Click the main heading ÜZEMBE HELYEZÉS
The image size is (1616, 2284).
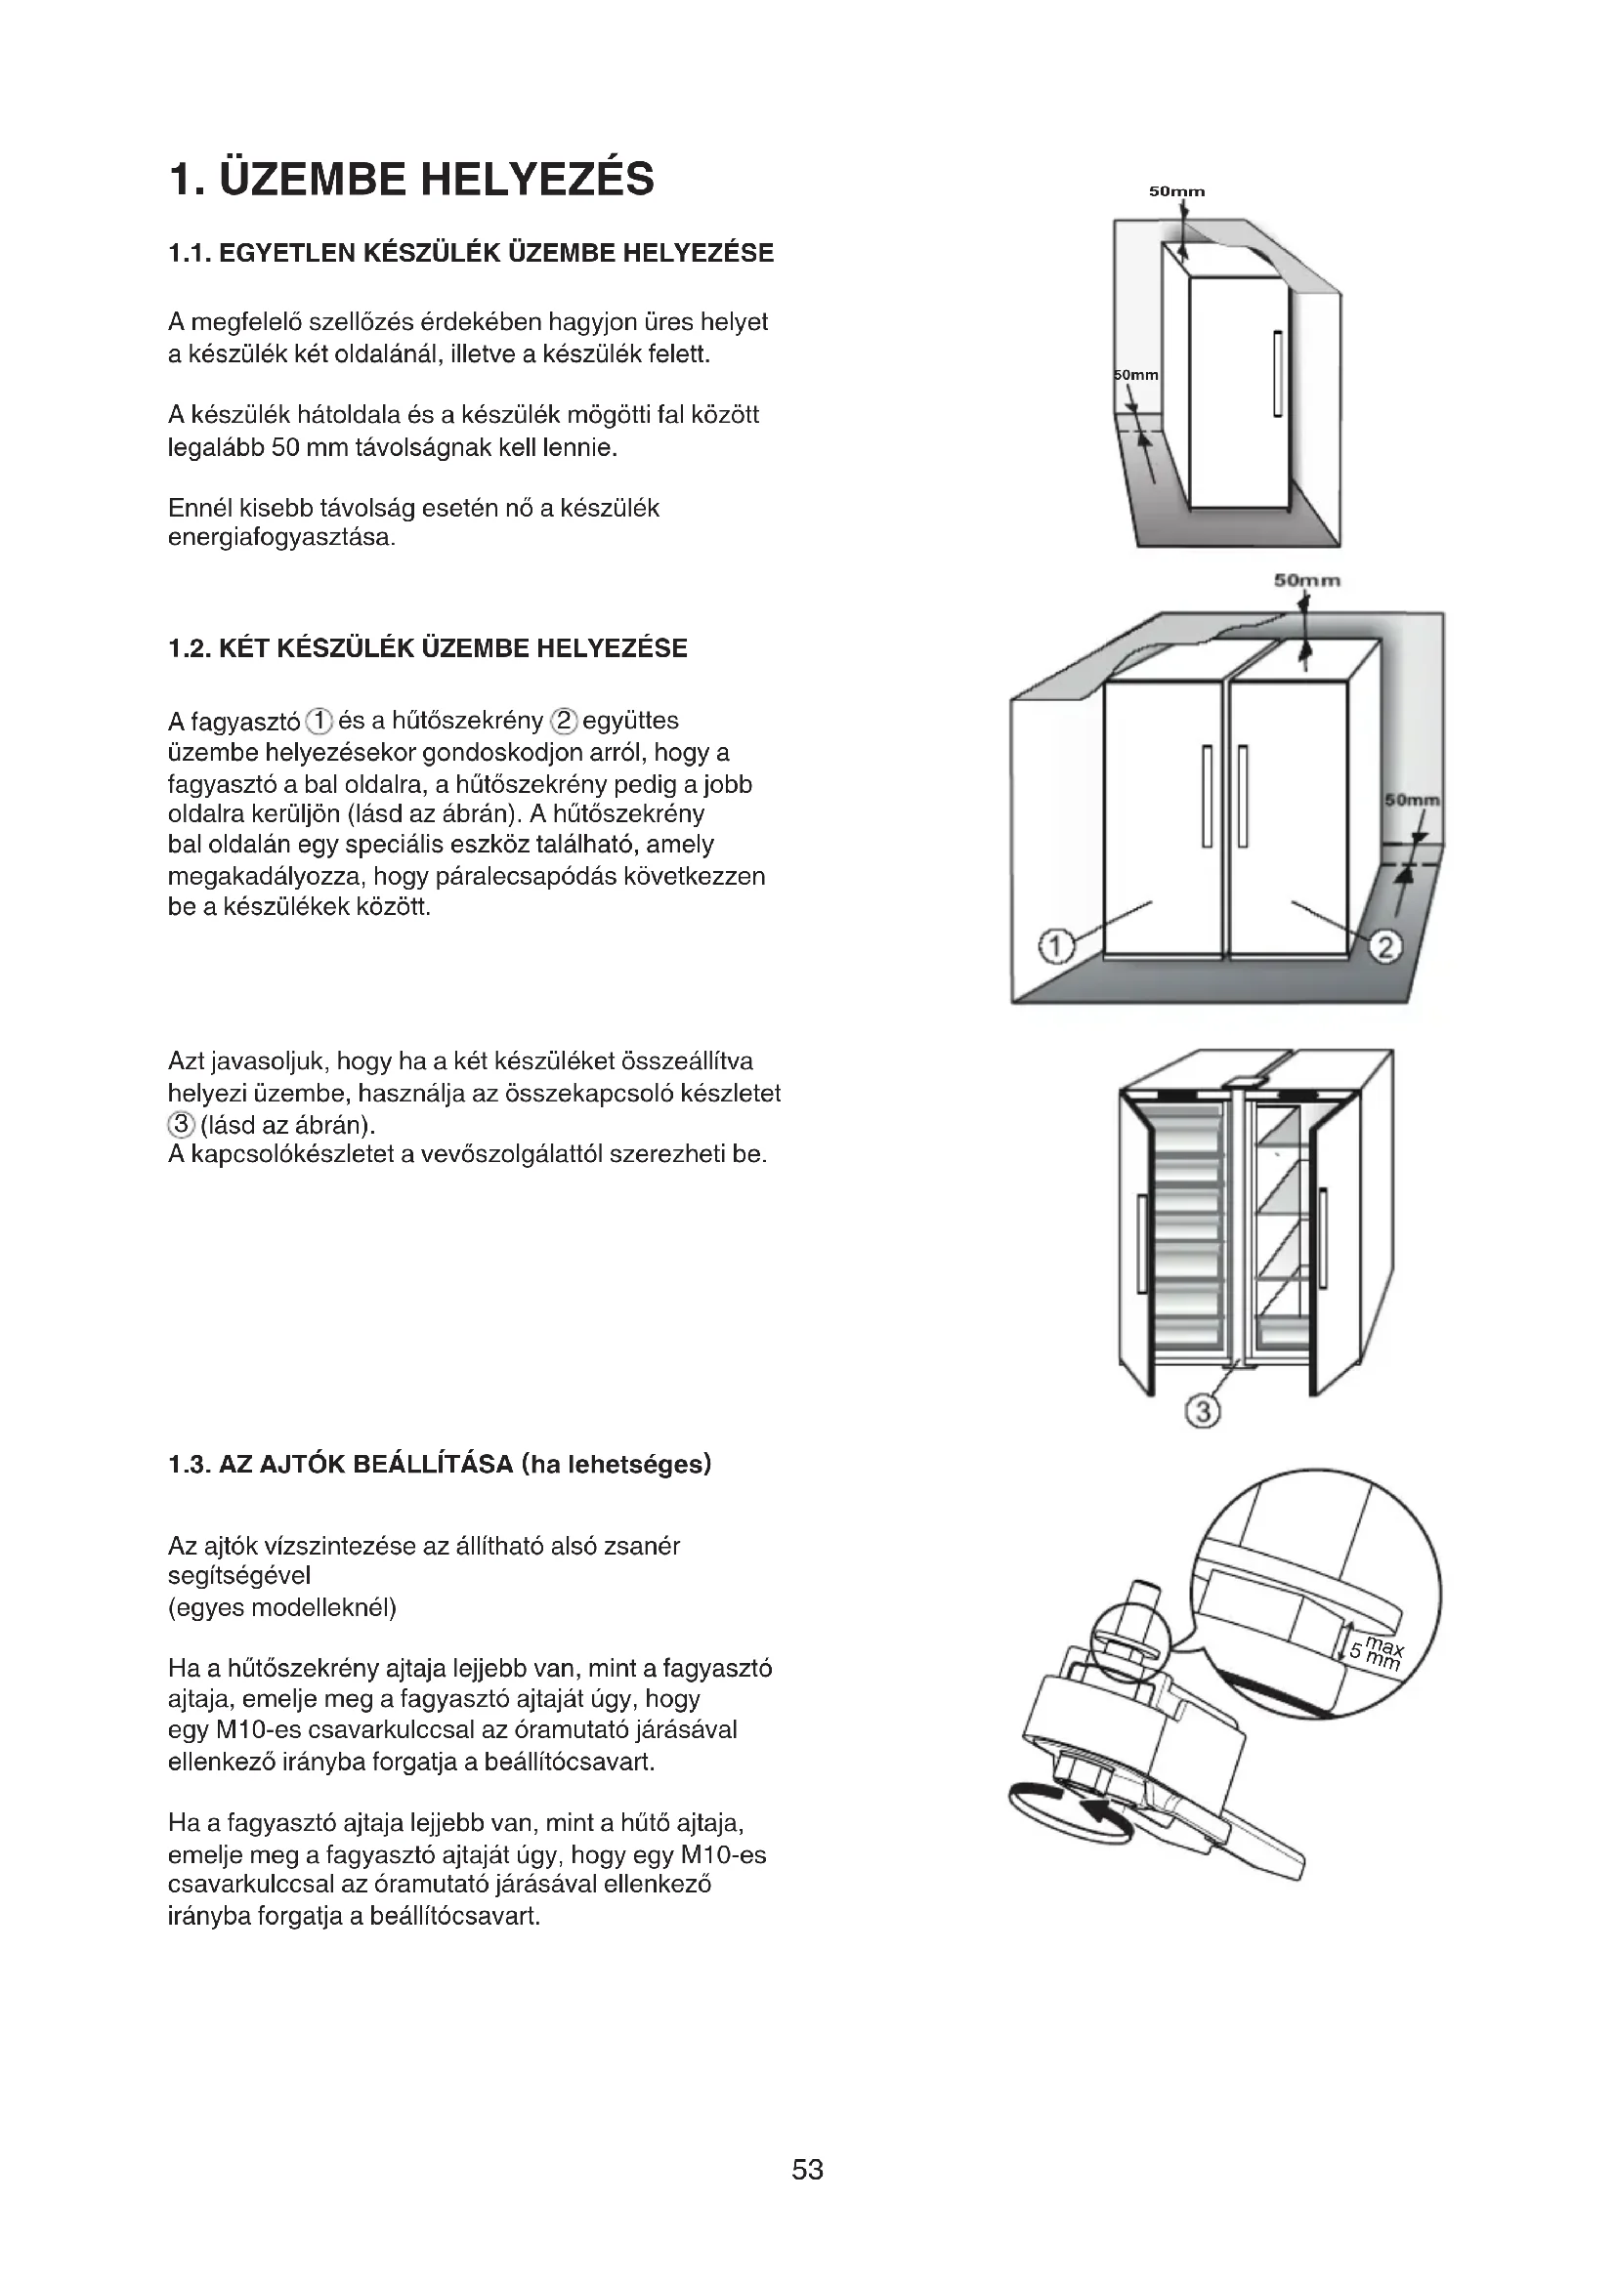click(412, 180)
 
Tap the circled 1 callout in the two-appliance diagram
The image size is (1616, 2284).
click(1056, 946)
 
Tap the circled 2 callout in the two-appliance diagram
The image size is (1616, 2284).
click(1385, 947)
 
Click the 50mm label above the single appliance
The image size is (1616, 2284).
click(1176, 191)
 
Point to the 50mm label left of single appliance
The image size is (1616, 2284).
click(1135, 375)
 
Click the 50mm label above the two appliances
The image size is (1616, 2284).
click(1306, 581)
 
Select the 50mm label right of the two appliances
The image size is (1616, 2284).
click(1413, 800)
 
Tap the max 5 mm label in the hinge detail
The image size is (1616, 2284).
click(1378, 1653)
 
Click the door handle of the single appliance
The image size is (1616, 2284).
click(1276, 373)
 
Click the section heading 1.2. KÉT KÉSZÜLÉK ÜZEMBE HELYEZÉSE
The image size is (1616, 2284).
click(428, 648)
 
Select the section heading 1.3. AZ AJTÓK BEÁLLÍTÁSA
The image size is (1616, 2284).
click(440, 1465)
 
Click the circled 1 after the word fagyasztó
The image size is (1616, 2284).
click(319, 721)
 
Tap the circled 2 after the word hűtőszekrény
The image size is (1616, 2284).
click(564, 721)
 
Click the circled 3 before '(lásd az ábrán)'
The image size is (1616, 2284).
click(180, 1125)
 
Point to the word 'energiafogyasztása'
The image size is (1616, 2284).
click(281, 538)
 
